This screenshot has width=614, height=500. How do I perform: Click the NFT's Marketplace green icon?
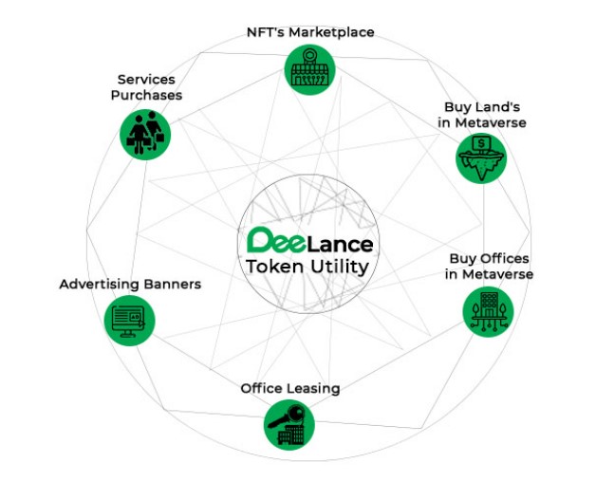pyautogui.click(x=308, y=70)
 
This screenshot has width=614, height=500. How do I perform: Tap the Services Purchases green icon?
pyautogui.click(x=144, y=134)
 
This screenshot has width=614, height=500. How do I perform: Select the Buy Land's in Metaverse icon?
pyautogui.click(x=481, y=157)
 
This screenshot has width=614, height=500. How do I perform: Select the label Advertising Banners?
pyautogui.click(x=130, y=284)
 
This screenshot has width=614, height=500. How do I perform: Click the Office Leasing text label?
pyautogui.click(x=289, y=388)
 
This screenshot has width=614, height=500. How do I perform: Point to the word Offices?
pyautogui.click(x=503, y=258)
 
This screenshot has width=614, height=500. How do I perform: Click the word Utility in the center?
pyautogui.click(x=339, y=268)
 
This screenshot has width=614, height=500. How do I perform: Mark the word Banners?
pyautogui.click(x=171, y=284)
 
